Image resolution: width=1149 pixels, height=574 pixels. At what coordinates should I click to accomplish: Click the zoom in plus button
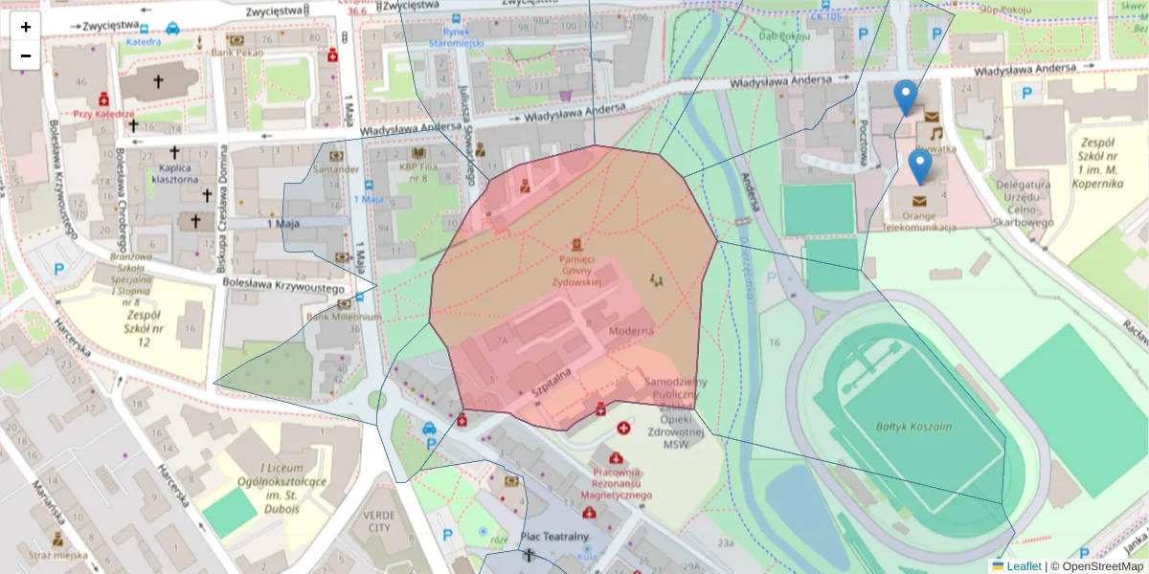tap(26, 27)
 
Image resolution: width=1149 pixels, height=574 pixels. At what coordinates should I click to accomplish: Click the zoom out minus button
tap(26, 55)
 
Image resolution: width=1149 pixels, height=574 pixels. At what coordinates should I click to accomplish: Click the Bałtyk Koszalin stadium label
tap(913, 427)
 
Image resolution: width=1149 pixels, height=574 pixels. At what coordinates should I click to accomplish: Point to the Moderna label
tap(631, 331)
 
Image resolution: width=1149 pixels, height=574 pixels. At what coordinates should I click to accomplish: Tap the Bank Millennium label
tap(344, 317)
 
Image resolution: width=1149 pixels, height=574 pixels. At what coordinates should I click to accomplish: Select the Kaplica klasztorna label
tap(173, 173)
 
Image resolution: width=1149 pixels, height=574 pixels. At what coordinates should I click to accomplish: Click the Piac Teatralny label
tap(554, 537)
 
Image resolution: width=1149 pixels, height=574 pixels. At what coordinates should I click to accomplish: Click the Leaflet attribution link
tap(1023, 566)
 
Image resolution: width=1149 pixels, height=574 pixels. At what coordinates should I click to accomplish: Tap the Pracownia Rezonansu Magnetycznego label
tap(617, 483)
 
